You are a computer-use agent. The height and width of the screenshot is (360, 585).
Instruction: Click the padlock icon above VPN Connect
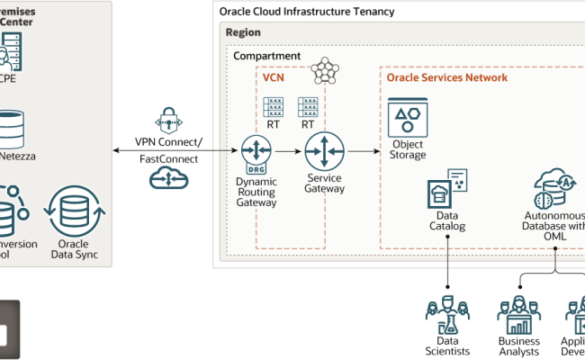[169, 120]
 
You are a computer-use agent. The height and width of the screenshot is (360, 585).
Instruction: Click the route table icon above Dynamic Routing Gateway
[273, 108]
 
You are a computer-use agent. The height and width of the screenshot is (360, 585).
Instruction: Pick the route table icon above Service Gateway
[308, 108]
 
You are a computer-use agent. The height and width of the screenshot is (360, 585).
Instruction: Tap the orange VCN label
[273, 78]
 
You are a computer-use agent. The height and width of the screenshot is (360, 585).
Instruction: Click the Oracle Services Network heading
[446, 78]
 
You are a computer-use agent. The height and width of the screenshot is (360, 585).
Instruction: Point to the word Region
[244, 32]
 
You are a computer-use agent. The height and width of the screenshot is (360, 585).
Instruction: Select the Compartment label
[266, 56]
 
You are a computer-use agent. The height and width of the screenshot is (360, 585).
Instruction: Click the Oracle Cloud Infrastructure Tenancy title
[306, 11]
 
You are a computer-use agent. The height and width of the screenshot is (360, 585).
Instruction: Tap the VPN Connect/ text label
[169, 141]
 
